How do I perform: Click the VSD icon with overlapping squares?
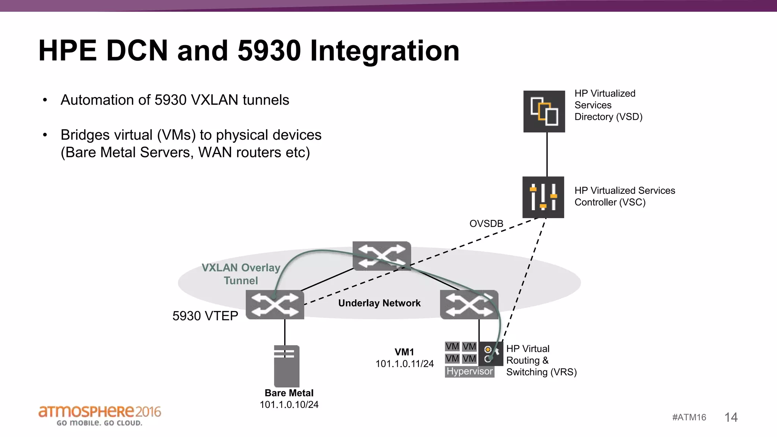544,111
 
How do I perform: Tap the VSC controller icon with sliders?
543,197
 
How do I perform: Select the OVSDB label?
486,224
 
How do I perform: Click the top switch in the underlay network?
382,255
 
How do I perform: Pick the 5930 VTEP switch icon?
275,305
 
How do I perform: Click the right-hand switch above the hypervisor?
469,305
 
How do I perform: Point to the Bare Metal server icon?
286,366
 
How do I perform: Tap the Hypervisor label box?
469,371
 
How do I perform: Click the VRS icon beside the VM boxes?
491,354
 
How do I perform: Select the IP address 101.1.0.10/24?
289,405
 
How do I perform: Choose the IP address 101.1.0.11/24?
404,364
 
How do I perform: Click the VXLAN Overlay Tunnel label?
241,274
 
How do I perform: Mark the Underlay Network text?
379,303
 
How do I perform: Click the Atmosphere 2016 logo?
99,415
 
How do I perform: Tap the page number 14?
731,417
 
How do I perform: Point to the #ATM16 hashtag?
689,417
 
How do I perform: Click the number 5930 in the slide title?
269,50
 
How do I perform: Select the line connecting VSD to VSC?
547,154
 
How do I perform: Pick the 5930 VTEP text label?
205,316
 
